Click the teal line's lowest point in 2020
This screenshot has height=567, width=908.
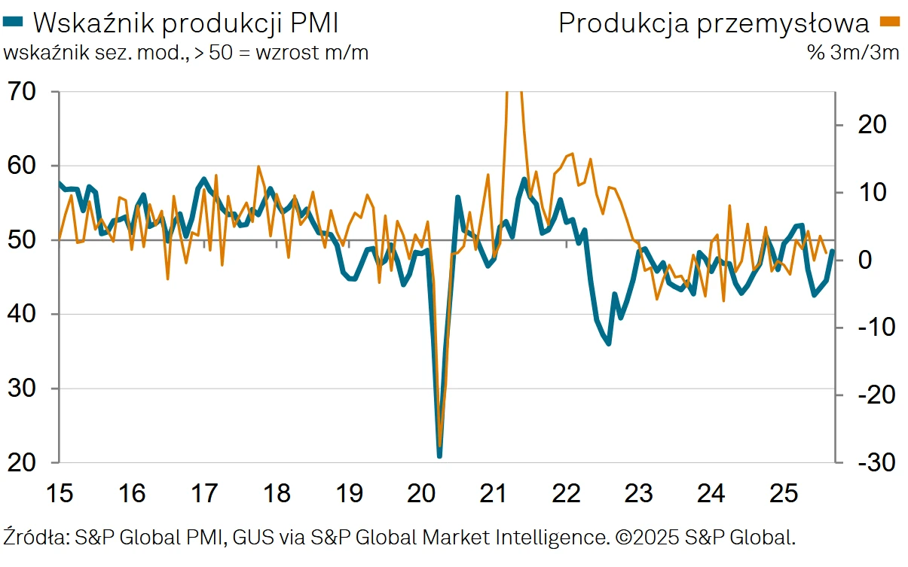[x=439, y=455]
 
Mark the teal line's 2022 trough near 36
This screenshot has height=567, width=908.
[x=608, y=344]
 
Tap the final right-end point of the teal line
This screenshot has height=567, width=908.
[x=832, y=251]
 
